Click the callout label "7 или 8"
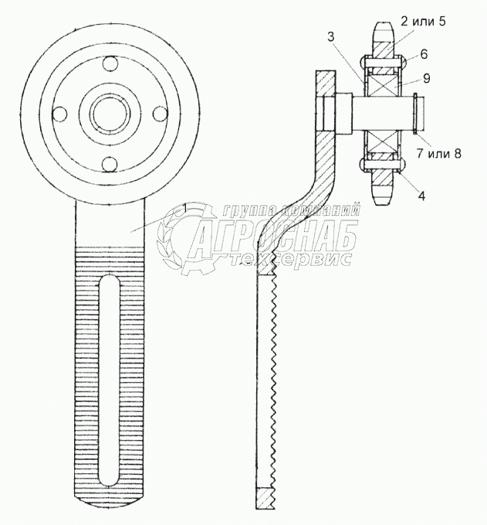(438, 153)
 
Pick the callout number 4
(421, 196)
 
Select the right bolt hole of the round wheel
(159, 114)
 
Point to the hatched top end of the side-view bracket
(325, 82)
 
